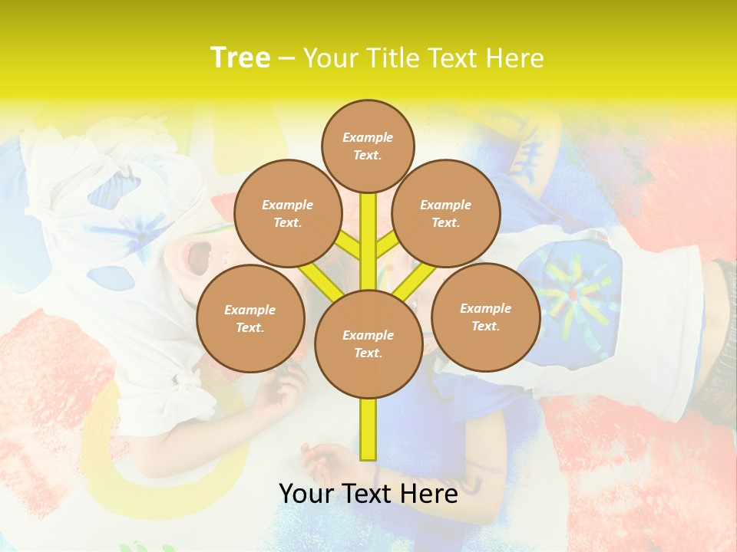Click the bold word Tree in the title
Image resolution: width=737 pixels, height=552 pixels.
pyautogui.click(x=240, y=58)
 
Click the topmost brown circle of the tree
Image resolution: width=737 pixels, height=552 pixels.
pyautogui.click(x=368, y=146)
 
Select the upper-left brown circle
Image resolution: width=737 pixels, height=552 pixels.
pyautogui.click(x=288, y=213)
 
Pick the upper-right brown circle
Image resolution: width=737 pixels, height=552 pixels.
pyautogui.click(x=446, y=213)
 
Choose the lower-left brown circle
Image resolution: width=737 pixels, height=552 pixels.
pyautogui.click(x=250, y=318)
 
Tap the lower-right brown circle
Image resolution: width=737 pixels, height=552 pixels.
pyautogui.click(x=485, y=317)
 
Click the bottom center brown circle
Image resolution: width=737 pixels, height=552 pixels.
pyautogui.click(x=368, y=343)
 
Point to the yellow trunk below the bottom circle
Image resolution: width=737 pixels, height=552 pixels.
pyautogui.click(x=368, y=429)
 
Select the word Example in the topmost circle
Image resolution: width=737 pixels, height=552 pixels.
pyautogui.click(x=368, y=137)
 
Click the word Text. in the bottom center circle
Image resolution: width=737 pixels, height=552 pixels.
pyautogui.click(x=368, y=353)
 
